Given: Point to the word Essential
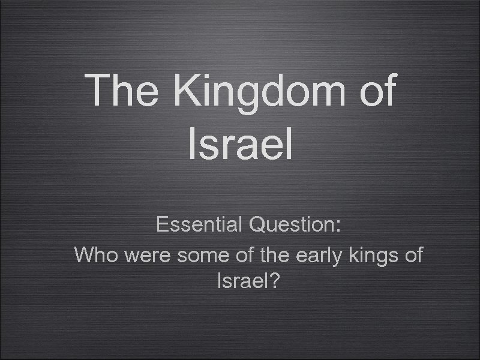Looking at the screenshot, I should pos(199,225).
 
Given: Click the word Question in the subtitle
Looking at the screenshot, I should pos(292,226).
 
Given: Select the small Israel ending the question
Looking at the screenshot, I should pos(241,280).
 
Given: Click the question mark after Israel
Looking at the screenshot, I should pos(274,280).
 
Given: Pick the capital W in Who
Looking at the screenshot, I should pos(85,254).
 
